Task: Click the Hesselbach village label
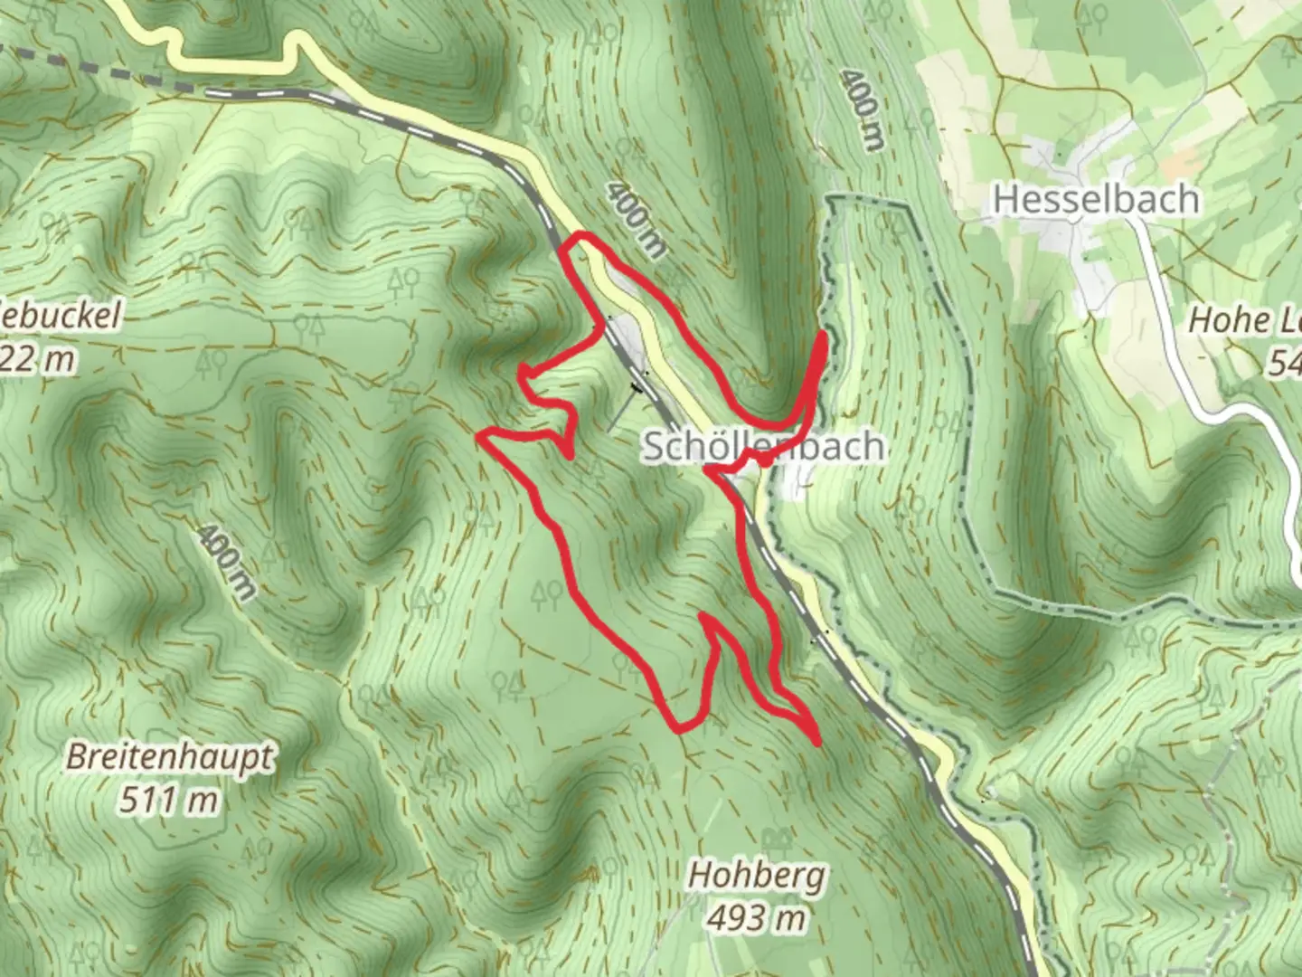(1096, 199)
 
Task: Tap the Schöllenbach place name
(763, 446)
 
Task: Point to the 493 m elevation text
(756, 918)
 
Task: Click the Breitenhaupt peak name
(169, 757)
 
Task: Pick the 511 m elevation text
(169, 800)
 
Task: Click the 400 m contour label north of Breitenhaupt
(226, 561)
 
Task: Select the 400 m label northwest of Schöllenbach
(636, 220)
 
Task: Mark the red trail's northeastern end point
(824, 337)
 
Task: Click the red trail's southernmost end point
(817, 743)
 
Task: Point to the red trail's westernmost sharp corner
(480, 436)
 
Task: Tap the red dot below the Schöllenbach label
(765, 461)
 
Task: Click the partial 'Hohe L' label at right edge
(1243, 319)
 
